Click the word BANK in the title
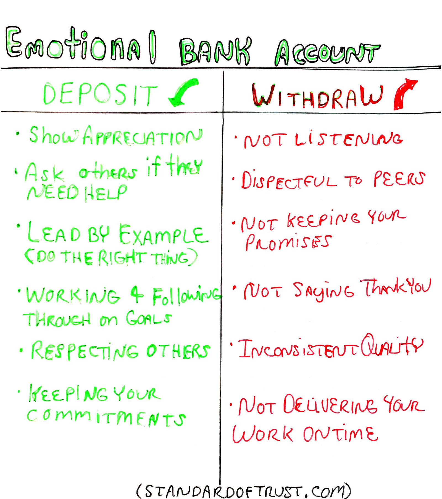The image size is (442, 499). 215,51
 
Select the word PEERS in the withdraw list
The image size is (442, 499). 399,179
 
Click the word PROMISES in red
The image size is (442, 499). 287,242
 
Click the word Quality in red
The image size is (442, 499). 391,346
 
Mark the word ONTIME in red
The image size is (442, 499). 340,434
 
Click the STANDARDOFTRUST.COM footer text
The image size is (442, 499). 243,490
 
